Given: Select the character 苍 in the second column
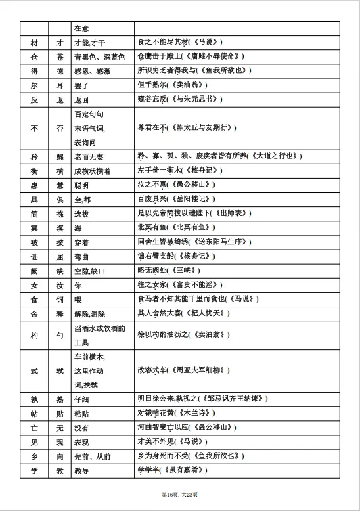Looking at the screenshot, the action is click(x=59, y=57).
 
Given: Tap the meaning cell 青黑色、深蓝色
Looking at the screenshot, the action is click(x=99, y=57).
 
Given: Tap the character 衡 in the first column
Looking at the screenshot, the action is click(x=33, y=170).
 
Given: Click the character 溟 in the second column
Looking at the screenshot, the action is click(x=59, y=228).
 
